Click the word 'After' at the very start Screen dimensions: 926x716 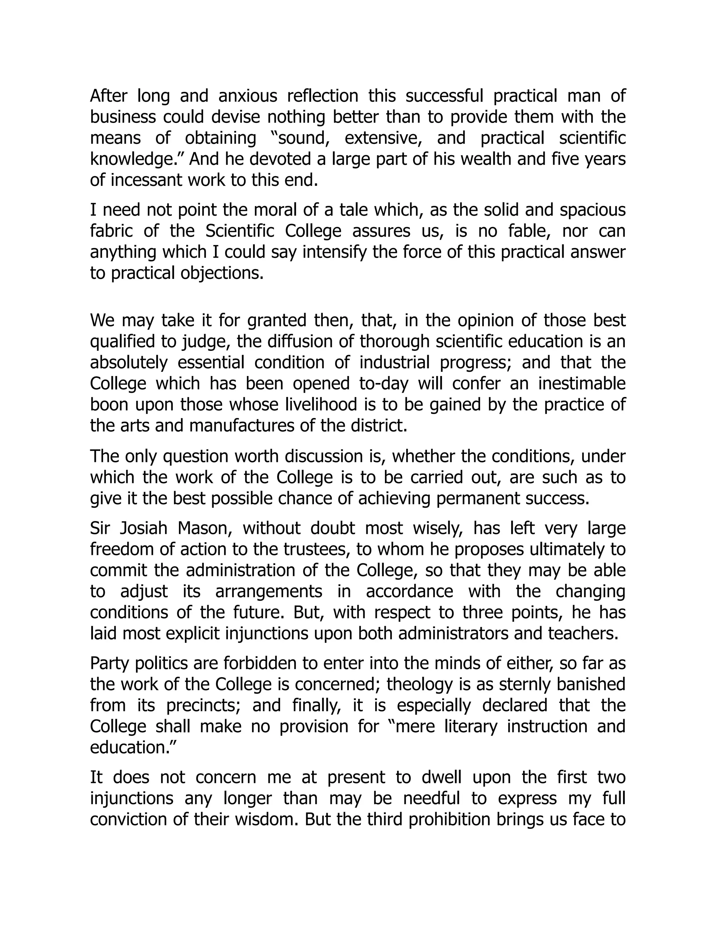(108, 96)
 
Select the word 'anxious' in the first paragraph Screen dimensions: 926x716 (248, 96)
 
